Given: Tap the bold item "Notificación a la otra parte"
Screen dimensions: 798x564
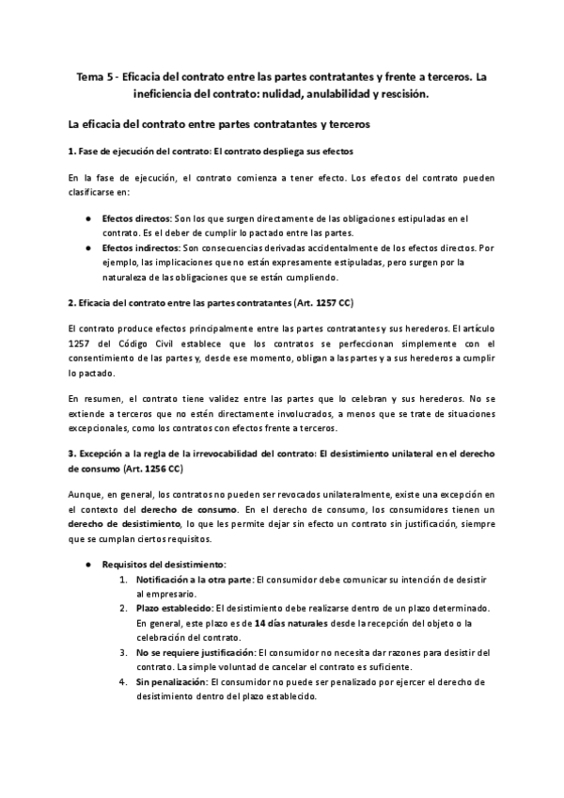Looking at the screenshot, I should (x=194, y=580).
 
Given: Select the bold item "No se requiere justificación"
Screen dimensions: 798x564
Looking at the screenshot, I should (x=195, y=652).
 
